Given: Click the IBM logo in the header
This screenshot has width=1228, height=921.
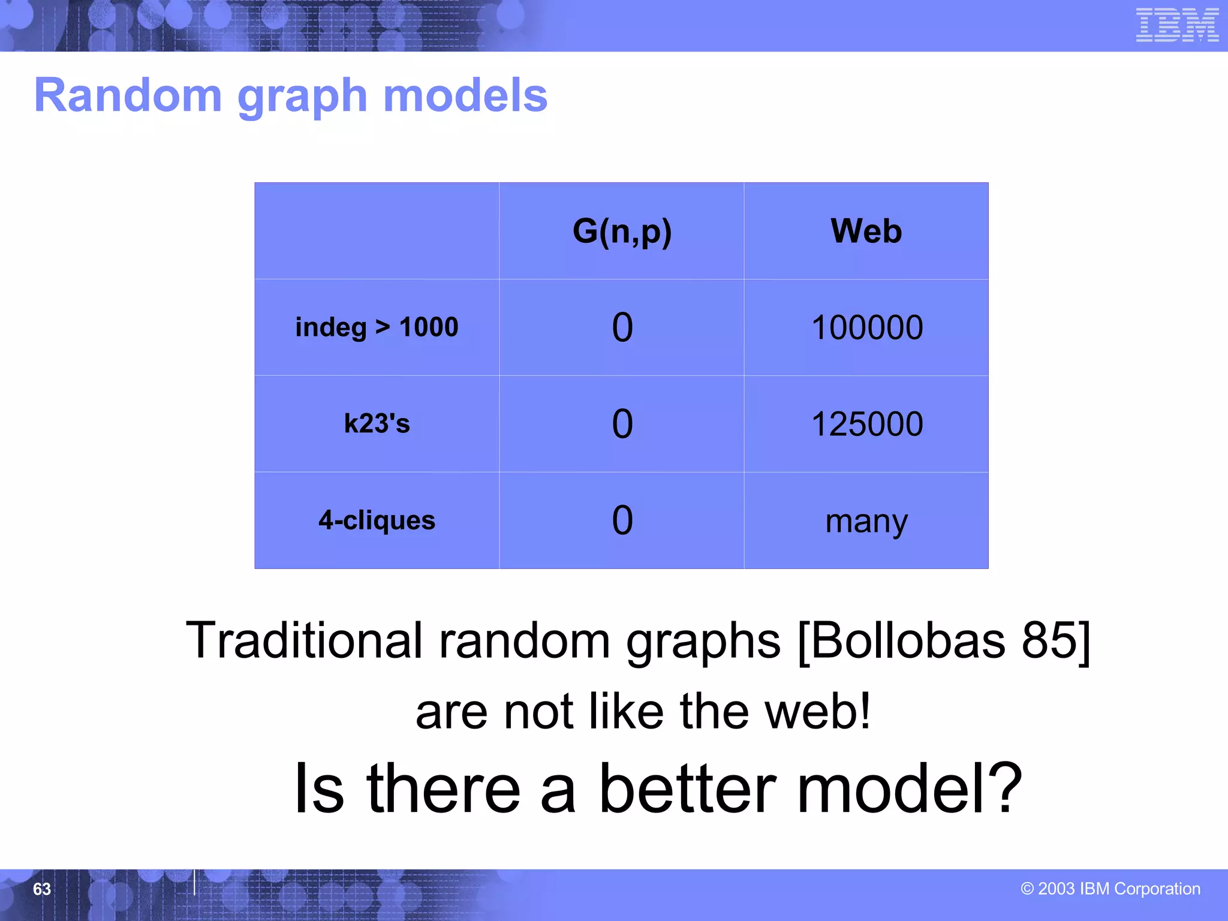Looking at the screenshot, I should coord(1176,25).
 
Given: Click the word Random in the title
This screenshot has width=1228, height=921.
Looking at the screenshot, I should coord(128,95).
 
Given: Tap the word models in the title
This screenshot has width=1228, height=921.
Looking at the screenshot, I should coord(465,95).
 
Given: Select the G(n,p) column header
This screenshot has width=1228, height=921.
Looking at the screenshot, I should coord(622,231).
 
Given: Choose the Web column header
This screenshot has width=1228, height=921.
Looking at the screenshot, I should coord(866,231).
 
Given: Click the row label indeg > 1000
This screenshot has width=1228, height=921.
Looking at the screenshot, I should coord(377,327).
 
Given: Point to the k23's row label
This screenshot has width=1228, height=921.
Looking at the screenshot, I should coord(377,424).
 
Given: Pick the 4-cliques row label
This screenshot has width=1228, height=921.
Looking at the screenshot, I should coord(377,520).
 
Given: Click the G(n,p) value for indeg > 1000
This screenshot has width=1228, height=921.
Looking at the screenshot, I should coord(622,327).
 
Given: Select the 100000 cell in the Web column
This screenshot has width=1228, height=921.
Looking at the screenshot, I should coord(866,327).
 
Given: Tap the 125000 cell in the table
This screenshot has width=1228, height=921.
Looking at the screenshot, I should coord(866,424).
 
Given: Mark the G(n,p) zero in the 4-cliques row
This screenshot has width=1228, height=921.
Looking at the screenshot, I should coord(622,520).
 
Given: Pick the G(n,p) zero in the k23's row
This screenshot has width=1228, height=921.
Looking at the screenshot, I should coord(622,424).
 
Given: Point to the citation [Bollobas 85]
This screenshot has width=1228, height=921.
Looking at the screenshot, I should coord(944,640).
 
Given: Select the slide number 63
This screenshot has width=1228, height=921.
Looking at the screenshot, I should coord(42,889).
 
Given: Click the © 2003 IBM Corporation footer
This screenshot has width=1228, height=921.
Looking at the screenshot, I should coord(1110,889).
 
